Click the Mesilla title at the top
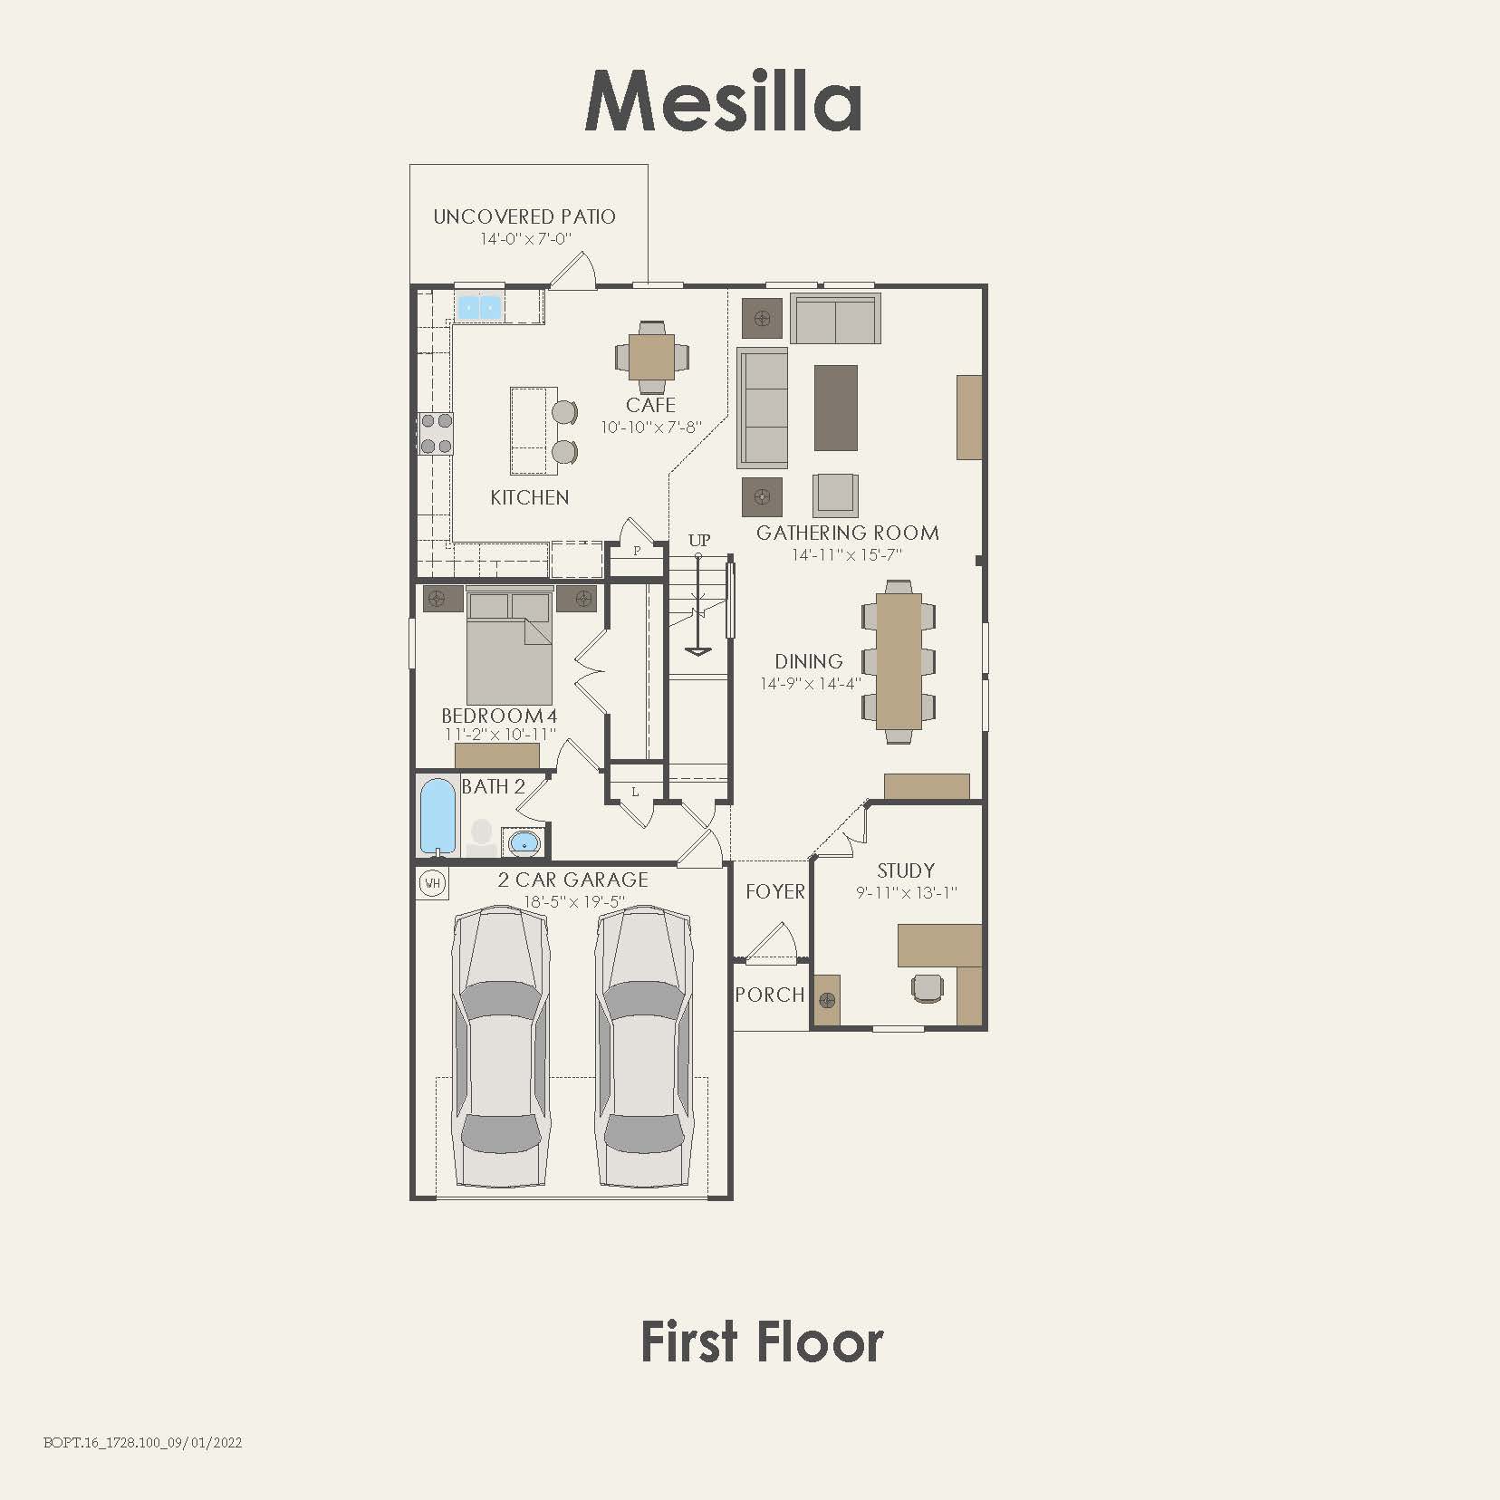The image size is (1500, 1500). pos(723,101)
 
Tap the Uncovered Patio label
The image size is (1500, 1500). pos(524,217)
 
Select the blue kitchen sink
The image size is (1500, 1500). pos(478,308)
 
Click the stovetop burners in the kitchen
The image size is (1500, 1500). pos(436,433)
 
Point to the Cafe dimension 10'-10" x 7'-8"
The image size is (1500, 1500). pos(651,427)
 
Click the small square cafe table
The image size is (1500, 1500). pos(651,356)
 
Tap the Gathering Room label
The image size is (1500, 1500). pos(847,533)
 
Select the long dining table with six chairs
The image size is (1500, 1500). pos(899,660)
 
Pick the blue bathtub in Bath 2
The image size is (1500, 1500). pos(438,816)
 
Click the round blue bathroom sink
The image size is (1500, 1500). pos(524,843)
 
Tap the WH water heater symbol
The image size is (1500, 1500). pos(433,883)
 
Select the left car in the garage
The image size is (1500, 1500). pos(501,1048)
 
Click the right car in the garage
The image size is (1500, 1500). pos(644,1048)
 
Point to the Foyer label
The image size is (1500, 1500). pos(774,892)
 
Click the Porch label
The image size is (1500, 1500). pos(770,995)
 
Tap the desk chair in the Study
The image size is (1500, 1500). pos(927,988)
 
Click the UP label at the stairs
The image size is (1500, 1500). pos(699,541)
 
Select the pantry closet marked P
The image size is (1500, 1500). pos(637,552)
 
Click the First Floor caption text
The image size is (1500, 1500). pos(762,1342)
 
